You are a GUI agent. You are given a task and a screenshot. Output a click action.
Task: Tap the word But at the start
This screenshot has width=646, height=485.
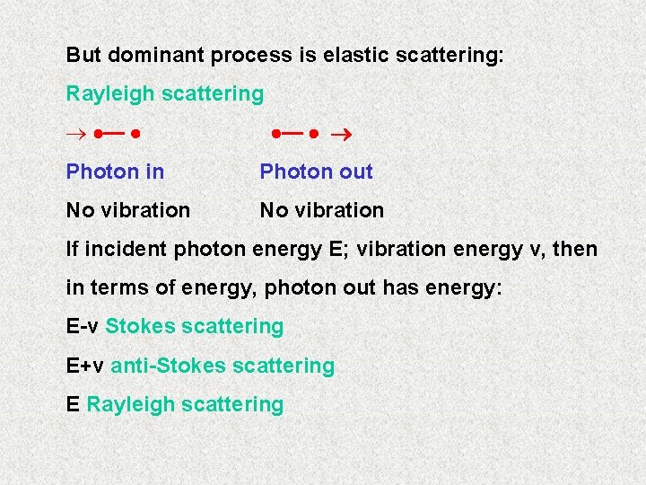tap(83, 55)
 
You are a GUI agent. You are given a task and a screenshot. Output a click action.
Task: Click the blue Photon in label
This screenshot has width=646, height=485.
tap(115, 172)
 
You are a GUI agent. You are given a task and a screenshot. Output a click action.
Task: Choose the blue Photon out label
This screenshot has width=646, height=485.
tap(316, 172)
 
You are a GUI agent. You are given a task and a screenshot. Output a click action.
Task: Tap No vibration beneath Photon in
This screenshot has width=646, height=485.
tap(128, 210)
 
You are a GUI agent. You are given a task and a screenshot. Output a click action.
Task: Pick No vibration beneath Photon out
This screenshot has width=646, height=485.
tap(322, 210)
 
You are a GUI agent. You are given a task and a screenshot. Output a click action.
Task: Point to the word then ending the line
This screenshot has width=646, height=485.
tap(574, 249)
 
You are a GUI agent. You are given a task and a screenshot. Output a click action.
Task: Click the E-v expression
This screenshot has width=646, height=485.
tap(83, 326)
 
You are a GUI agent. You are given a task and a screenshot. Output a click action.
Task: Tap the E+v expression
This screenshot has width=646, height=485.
tap(85, 366)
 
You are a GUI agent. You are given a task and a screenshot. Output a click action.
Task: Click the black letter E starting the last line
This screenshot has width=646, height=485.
tap(73, 404)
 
